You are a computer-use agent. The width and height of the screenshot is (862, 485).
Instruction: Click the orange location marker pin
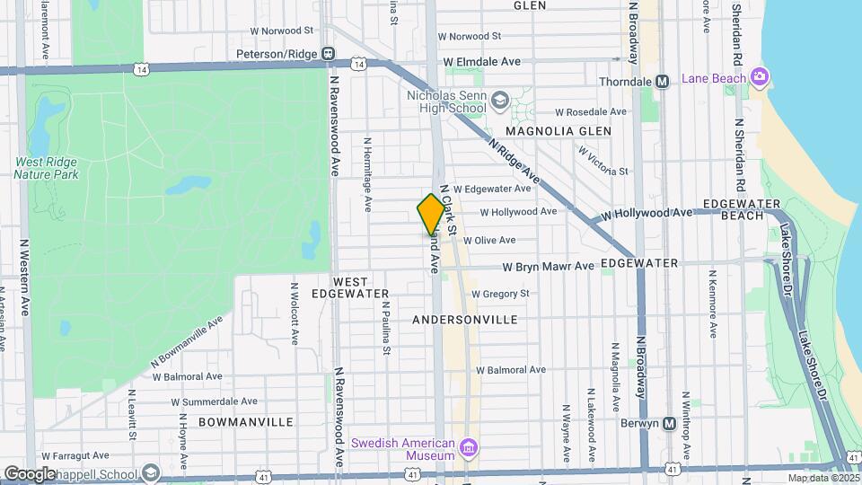tap(431, 214)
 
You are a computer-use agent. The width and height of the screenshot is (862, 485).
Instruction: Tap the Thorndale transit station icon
tap(663, 82)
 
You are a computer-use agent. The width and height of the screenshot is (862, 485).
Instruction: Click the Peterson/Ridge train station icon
tap(330, 54)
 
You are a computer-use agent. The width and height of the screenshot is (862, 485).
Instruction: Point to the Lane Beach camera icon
tap(760, 77)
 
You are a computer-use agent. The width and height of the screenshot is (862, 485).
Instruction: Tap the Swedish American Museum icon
tap(468, 447)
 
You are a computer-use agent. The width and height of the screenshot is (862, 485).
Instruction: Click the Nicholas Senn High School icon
tap(500, 101)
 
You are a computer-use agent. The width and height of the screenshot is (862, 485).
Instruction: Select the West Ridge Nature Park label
tap(46, 168)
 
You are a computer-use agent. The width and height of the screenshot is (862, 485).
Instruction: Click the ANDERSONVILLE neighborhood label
tap(464, 320)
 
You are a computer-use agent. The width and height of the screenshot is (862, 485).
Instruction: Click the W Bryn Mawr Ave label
tap(548, 267)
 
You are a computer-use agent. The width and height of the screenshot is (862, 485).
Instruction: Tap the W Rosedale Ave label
tap(590, 112)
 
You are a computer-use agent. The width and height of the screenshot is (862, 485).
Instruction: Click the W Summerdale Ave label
tap(214, 401)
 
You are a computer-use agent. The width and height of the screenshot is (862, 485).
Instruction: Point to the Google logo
tap(30, 473)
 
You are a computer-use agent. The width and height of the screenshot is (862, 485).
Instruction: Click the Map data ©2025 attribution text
tap(822, 478)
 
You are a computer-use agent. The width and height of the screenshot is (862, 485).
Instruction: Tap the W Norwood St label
tap(470, 37)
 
